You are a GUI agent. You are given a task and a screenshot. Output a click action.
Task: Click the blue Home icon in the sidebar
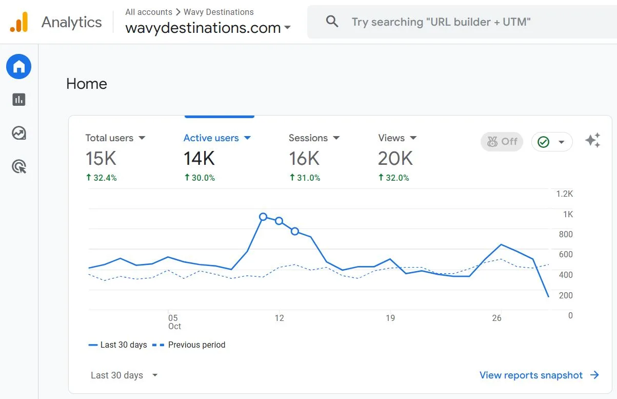click(19, 67)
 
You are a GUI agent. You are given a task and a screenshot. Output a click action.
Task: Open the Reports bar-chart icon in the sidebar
click(19, 100)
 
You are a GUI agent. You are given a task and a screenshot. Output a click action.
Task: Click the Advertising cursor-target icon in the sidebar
click(19, 166)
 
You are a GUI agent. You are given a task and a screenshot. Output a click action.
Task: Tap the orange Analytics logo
click(19, 23)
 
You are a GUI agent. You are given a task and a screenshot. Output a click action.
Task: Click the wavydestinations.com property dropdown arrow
click(287, 28)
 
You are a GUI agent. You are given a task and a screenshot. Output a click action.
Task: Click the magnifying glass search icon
click(332, 22)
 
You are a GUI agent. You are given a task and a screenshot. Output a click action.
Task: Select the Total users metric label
click(109, 138)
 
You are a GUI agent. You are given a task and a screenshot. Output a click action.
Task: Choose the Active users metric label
click(211, 138)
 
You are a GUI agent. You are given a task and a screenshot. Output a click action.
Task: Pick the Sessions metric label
click(308, 138)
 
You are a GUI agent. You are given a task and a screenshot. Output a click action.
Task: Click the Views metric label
click(391, 138)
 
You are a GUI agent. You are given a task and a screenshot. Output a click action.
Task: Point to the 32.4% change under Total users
click(102, 178)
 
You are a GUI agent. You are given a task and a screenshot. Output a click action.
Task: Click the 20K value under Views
click(395, 159)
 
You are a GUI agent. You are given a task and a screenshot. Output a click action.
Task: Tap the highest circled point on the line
click(263, 217)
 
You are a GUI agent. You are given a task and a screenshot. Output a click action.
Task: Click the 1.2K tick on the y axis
click(564, 194)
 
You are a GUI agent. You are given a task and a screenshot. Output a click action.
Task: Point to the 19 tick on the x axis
click(390, 318)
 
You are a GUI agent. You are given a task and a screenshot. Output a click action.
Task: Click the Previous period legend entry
click(196, 345)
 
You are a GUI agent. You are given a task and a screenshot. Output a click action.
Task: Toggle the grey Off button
click(502, 142)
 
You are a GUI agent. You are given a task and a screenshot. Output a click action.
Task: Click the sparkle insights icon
click(592, 141)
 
